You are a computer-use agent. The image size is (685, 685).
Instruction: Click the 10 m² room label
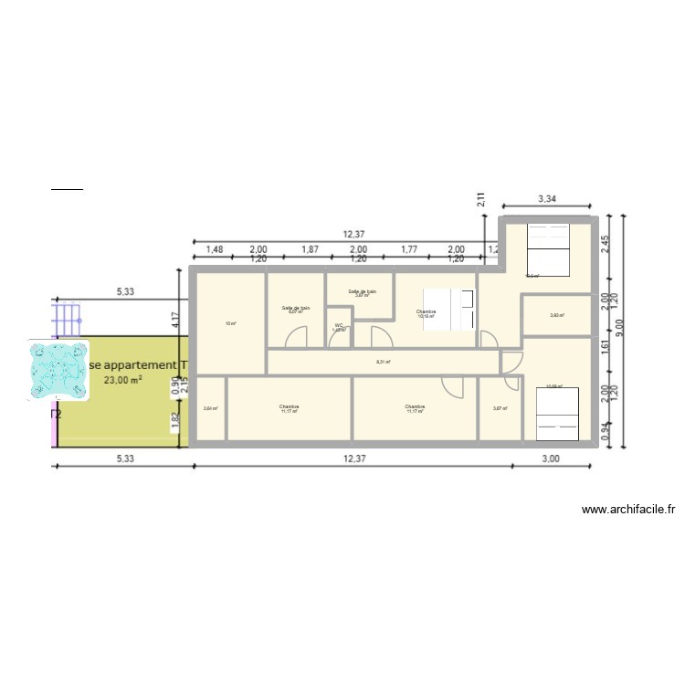(x=230, y=323)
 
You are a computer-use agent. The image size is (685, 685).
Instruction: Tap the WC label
(x=338, y=325)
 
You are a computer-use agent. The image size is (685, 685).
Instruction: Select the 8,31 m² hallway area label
(x=384, y=362)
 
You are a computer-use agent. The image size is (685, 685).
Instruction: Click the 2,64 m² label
(x=210, y=408)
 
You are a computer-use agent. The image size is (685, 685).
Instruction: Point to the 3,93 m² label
(x=556, y=316)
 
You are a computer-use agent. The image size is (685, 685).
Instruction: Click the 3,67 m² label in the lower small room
(x=499, y=408)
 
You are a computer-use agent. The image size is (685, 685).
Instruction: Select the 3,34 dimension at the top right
(x=547, y=198)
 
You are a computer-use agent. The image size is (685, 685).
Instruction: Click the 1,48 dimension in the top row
(x=215, y=248)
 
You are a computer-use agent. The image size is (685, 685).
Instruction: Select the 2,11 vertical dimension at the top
(x=480, y=200)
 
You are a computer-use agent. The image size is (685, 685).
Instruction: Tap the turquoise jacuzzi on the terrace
(x=59, y=371)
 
